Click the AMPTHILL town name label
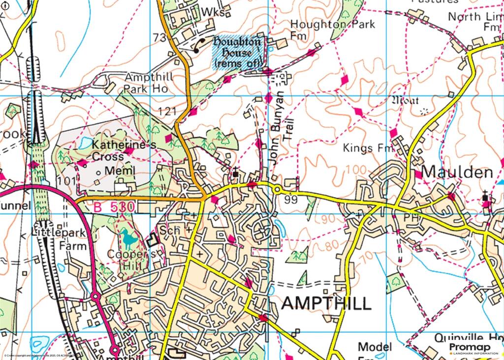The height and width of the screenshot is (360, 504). point(326,303)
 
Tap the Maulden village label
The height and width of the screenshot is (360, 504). point(457,172)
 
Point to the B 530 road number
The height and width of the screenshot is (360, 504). point(113,208)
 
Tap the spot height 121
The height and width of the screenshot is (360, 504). point(167,112)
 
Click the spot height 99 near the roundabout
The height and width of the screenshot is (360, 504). point(290,200)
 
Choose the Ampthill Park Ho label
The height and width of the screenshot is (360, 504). point(146,83)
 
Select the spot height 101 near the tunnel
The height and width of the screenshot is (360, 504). point(66,181)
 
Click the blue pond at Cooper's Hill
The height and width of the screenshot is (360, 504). point(129,240)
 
